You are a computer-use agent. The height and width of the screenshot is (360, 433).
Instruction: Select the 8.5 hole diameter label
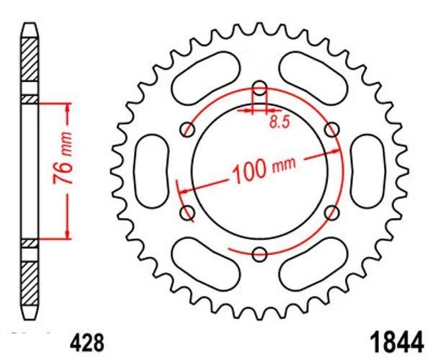pyautogui.click(x=280, y=122)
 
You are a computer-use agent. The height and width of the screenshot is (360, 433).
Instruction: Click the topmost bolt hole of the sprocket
pyautogui.click(x=260, y=90)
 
